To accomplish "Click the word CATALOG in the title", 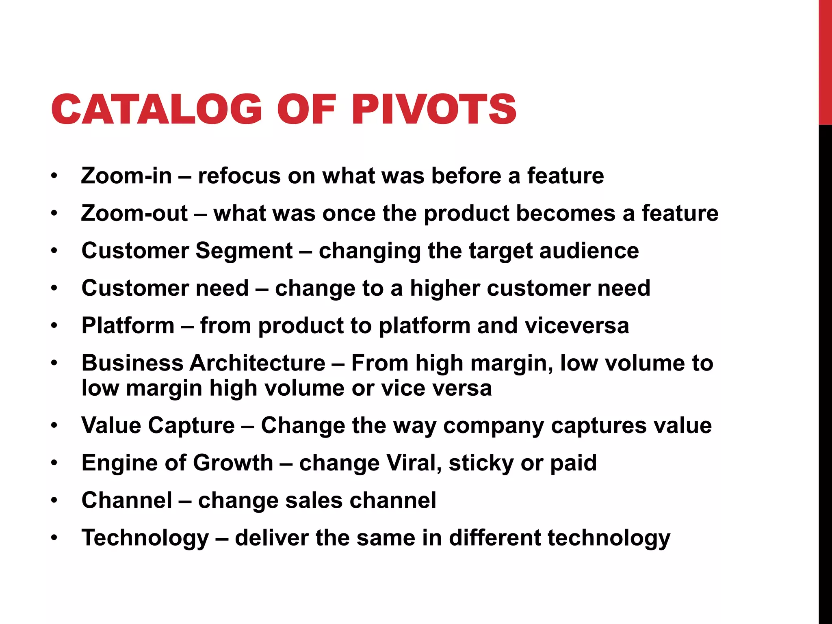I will [157, 109].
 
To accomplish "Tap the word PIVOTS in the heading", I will [434, 109].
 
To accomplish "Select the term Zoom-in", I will [126, 176].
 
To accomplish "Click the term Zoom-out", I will [134, 213].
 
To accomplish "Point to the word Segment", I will [244, 251].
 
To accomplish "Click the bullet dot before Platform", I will [54, 326].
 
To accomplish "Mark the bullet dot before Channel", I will [54, 500].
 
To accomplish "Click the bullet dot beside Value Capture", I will [54, 426].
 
